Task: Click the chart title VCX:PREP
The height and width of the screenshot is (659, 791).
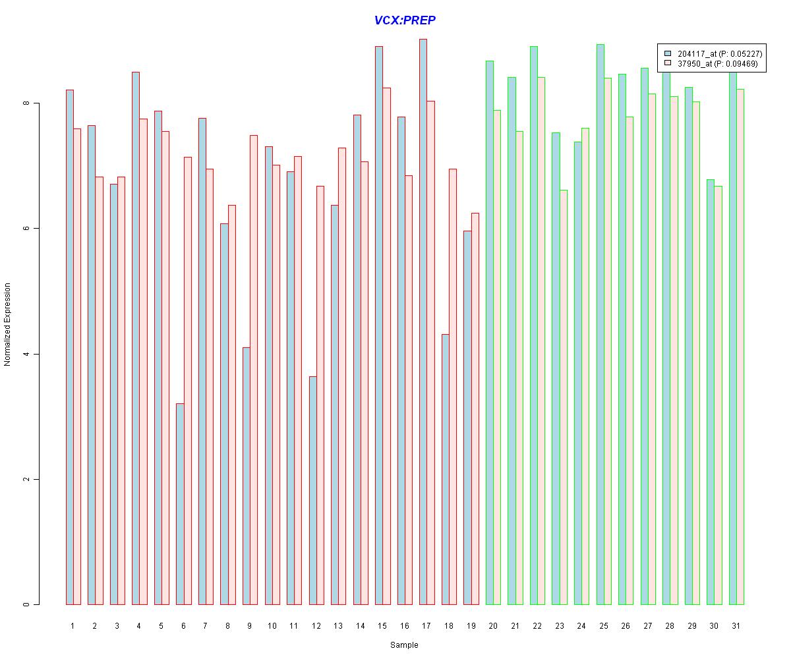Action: pyautogui.click(x=405, y=20)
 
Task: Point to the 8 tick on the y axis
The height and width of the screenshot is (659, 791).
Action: pyautogui.click(x=26, y=103)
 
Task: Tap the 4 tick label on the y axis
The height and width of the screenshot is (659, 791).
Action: pyautogui.click(x=26, y=354)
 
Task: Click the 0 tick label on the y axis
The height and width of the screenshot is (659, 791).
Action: pyautogui.click(x=26, y=604)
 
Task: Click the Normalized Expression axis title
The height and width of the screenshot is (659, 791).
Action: pyautogui.click(x=8, y=324)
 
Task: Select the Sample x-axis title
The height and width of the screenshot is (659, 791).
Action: pyautogui.click(x=403, y=645)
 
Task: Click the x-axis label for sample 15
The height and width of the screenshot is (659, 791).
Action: pyautogui.click(x=382, y=625)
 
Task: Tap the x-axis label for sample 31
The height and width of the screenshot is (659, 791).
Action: pyautogui.click(x=736, y=625)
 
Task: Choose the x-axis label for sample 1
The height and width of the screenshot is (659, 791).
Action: pyautogui.click(x=73, y=625)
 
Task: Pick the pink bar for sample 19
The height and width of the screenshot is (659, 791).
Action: pyautogui.click(x=475, y=409)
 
